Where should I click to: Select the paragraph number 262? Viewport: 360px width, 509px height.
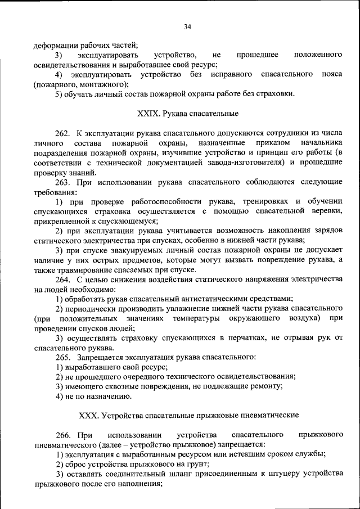[x=62, y=133]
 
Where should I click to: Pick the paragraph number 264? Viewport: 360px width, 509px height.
[x=62, y=280]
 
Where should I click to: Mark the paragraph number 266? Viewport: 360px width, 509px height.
[x=63, y=435]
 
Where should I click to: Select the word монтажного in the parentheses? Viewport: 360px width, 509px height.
[x=103, y=84]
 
